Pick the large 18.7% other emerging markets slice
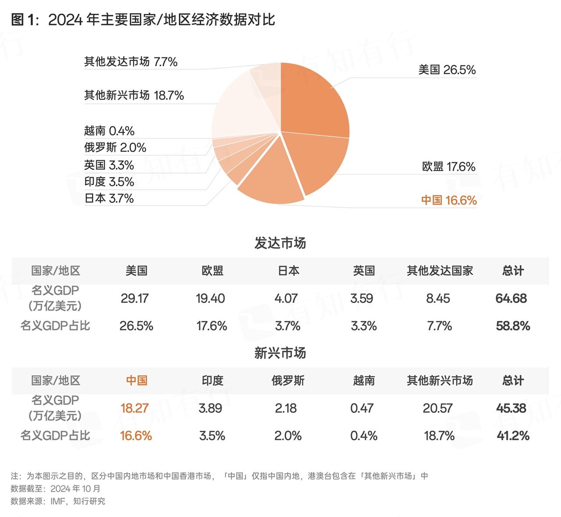tap(237, 110)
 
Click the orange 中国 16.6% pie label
tap(449, 200)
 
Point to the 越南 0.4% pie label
tap(109, 131)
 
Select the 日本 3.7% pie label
tap(109, 198)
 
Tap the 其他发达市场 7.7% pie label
tap(131, 62)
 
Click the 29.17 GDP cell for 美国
tap(135, 298)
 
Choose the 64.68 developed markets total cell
tap(511, 298)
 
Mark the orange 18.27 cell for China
tap(135, 408)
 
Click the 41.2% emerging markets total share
tap(513, 436)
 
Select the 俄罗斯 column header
tap(288, 381)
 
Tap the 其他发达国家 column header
tap(440, 271)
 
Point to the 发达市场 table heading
tap(280, 243)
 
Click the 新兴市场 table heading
tap(280, 353)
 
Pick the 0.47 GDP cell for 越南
tap(362, 408)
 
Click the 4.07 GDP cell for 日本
tap(286, 298)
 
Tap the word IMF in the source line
tap(58, 501)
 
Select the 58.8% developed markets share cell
tap(513, 326)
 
